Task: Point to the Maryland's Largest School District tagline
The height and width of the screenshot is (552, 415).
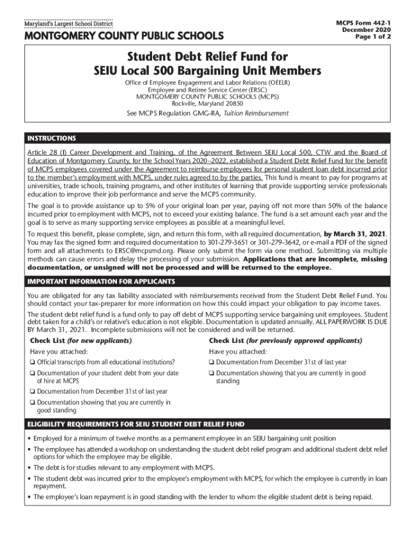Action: (67, 24)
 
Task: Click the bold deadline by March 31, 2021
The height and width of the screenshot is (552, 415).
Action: (355, 234)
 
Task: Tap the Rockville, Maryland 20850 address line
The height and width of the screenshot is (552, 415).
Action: (207, 103)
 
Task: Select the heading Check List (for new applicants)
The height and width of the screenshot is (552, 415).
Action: (81, 341)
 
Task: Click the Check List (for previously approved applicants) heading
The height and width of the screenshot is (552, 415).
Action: (285, 341)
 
